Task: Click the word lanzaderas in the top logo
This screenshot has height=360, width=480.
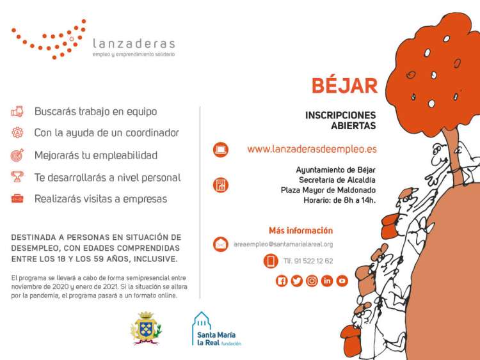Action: tap(133, 43)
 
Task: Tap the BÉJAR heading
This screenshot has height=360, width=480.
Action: tap(344, 86)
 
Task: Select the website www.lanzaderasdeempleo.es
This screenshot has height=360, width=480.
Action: tap(312, 149)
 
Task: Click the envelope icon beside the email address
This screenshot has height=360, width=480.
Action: tap(221, 244)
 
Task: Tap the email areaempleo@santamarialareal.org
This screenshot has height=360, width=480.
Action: tap(283, 244)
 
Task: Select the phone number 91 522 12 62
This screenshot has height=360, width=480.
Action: tap(308, 261)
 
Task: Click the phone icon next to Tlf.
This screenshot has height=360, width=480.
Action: tap(271, 261)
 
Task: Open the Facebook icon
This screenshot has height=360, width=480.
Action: tap(282, 281)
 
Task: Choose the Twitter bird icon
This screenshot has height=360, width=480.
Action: tap(296, 281)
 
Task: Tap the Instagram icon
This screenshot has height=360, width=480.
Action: tap(312, 281)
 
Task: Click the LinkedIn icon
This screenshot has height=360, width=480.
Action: tap(327, 281)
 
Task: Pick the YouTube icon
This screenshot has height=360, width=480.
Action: tap(342, 281)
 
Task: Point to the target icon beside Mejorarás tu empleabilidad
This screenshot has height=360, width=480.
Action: tap(17, 155)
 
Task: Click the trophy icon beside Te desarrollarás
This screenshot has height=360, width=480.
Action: tap(17, 177)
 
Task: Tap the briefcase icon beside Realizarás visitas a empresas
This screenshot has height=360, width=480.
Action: tap(17, 199)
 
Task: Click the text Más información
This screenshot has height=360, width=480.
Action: tap(301, 230)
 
